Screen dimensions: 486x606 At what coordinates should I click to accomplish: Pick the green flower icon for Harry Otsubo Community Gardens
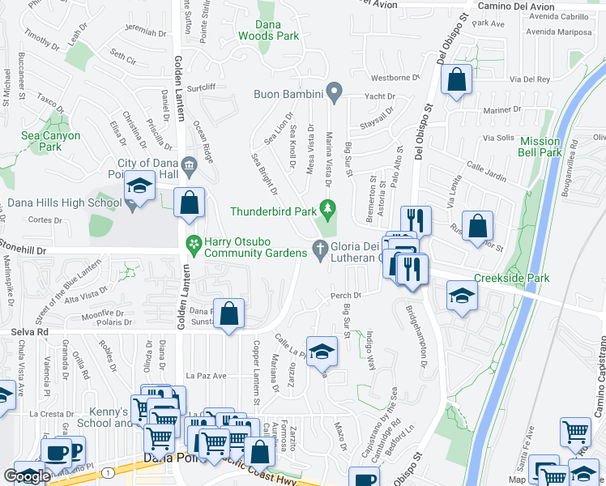point(193,242)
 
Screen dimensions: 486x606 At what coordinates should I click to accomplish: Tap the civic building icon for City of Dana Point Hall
point(189,167)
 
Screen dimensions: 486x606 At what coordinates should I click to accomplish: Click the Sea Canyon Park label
point(50,142)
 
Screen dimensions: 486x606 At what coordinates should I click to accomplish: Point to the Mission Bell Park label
point(540,147)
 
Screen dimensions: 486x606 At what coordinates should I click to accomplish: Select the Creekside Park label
point(511,279)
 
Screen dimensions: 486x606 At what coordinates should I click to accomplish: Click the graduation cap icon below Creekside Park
point(462,296)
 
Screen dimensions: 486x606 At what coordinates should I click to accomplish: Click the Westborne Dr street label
point(395,79)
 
